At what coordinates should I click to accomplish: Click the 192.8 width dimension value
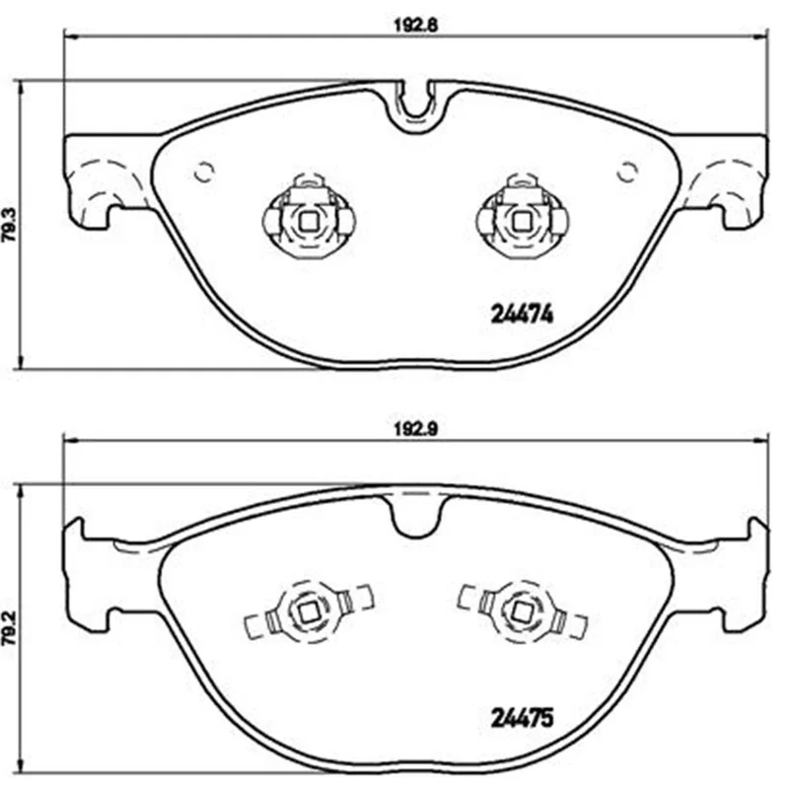[415, 26]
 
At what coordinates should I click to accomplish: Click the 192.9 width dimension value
[415, 429]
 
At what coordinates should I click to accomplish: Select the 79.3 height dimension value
[10, 225]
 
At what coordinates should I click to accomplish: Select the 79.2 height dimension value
[10, 628]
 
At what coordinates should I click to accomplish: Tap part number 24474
[522, 315]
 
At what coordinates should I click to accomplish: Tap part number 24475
[522, 718]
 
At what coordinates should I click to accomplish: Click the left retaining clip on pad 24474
[308, 217]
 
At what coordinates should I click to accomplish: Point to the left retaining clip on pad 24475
[308, 611]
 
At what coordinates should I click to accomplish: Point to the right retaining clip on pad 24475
[522, 611]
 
